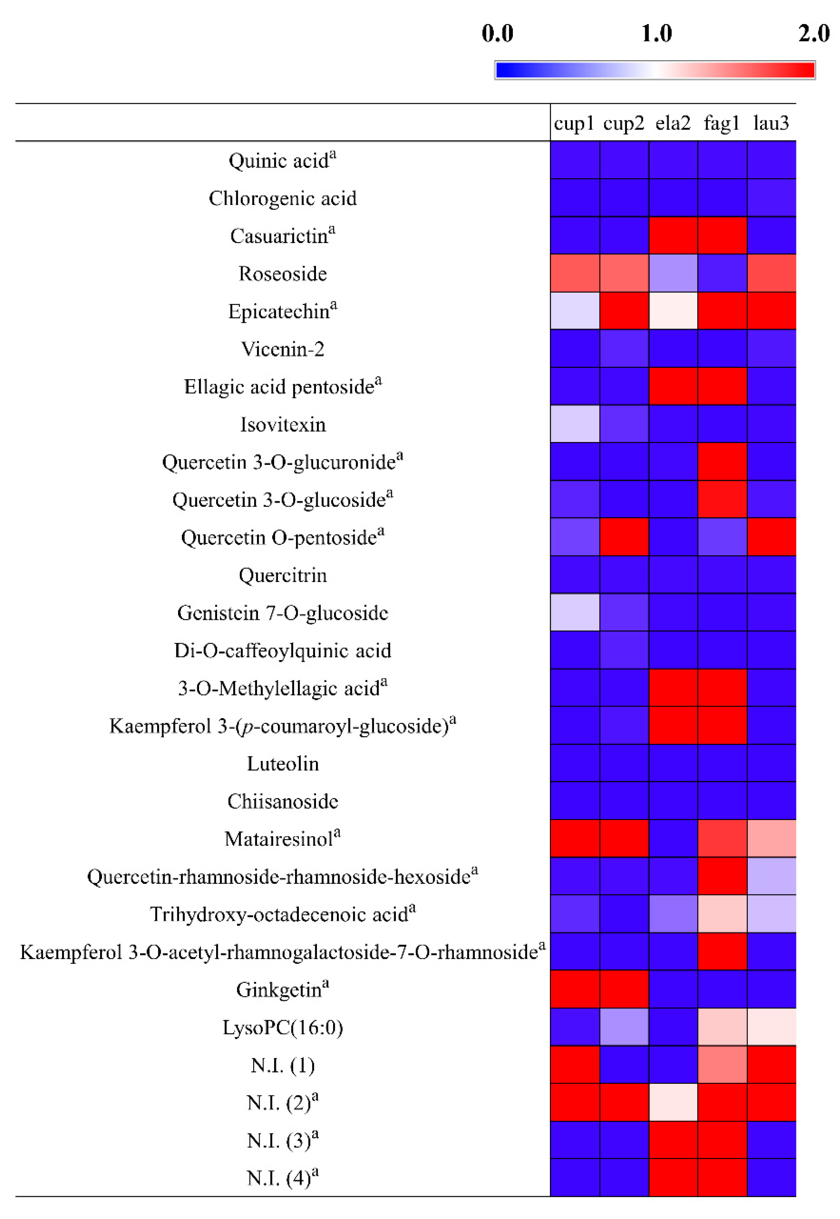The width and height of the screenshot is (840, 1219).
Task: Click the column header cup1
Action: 574,123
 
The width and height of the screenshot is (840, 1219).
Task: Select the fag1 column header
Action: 722,123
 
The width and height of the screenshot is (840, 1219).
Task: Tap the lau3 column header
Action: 771,123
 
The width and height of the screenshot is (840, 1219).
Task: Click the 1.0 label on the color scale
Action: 656,34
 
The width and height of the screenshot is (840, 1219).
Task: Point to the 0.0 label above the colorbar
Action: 498,34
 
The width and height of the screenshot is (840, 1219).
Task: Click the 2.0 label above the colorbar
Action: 814,34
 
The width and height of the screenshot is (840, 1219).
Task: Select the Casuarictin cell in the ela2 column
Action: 673,235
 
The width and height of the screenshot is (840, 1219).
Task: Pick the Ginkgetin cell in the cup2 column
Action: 624,989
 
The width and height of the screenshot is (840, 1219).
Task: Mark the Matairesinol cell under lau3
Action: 772,838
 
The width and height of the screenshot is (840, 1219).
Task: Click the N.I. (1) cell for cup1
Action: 575,1064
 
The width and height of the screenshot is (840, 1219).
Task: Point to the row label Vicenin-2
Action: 283,349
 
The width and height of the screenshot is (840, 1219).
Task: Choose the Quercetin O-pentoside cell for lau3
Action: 772,537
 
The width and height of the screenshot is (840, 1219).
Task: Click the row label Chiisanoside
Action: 283,801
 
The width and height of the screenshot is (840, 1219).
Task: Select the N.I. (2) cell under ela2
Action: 673,1102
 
